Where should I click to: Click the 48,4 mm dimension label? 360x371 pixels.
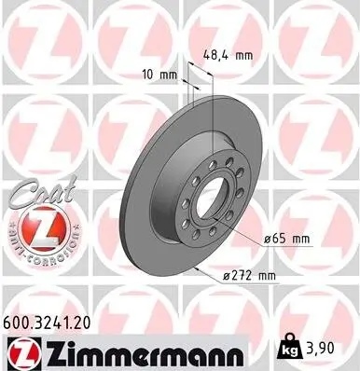tap(228, 55)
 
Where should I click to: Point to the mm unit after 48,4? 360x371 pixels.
tap(243, 55)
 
